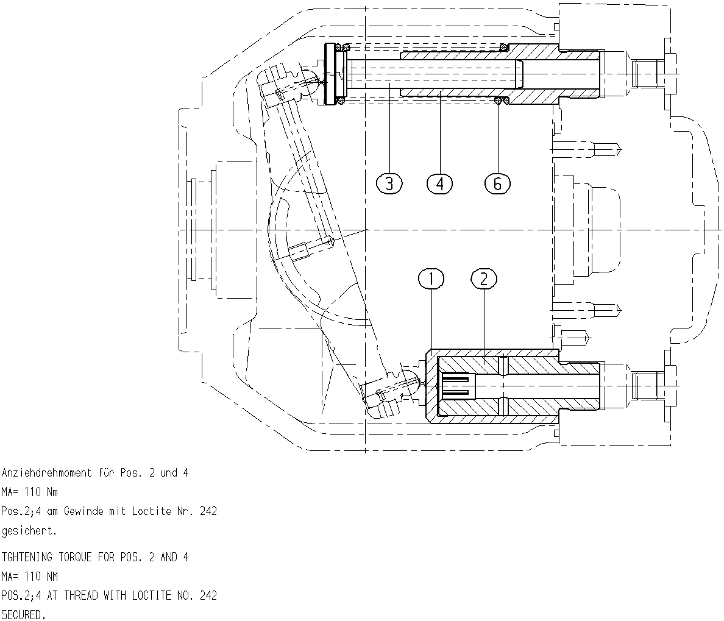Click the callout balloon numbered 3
tap(389, 184)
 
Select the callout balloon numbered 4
tap(440, 184)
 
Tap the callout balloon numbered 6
tap(498, 184)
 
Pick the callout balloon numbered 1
tap(431, 279)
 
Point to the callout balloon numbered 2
tap(484, 279)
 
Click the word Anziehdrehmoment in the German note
tap(47, 473)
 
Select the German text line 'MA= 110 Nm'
tap(29, 492)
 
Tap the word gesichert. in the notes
tap(29, 531)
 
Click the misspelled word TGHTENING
tap(27, 557)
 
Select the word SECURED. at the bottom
tap(24, 615)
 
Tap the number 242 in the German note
tap(208, 511)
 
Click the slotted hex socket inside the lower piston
tap(458, 386)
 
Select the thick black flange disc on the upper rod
tap(330, 74)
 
